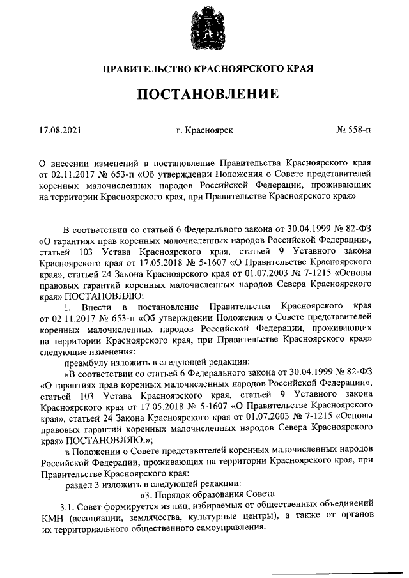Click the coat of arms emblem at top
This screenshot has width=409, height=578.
tap(204, 29)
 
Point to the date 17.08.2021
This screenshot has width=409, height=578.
tap(60, 130)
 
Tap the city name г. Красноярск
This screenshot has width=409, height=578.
tap(204, 130)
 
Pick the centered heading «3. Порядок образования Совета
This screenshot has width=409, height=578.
tap(207, 494)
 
